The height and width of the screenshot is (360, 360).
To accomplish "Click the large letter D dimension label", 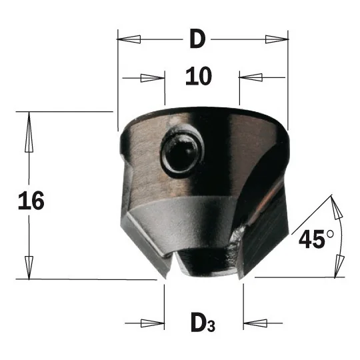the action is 198,39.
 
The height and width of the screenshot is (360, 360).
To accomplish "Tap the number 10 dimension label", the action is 199,77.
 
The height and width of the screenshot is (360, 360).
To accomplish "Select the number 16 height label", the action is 31,201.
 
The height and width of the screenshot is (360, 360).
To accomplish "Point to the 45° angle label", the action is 317,239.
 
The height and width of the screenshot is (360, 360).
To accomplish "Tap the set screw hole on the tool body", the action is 183,151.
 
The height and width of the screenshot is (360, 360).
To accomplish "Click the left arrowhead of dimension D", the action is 129,39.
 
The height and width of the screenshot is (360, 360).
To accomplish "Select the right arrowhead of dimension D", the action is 277,39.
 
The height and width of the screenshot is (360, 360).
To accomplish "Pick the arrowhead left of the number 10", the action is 153,78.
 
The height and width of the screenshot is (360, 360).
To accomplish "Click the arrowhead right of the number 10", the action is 251,77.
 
